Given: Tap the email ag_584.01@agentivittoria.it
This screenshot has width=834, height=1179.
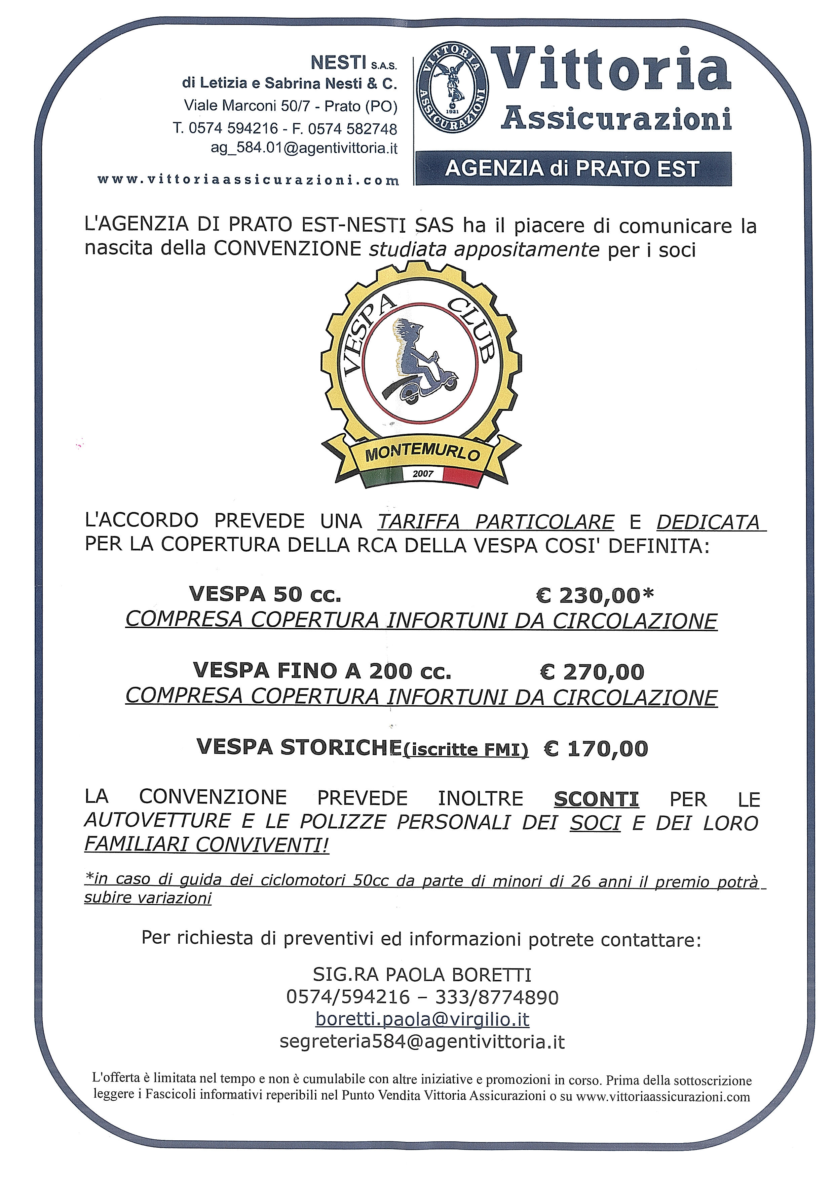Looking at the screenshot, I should [304, 148].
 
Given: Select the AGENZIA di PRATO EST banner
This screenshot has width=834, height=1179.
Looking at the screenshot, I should [573, 168].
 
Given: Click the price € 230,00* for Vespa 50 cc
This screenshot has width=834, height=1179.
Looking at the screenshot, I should [595, 595].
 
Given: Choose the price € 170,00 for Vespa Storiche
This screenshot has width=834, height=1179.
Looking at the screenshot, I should [596, 749].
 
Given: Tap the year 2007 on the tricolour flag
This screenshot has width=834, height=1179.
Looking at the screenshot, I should [423, 473].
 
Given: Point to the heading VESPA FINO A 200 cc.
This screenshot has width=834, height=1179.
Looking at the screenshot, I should [322, 671].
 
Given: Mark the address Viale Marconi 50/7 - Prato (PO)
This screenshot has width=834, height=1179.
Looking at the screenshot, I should [291, 106].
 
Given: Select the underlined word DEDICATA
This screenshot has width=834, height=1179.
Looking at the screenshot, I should [708, 522].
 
